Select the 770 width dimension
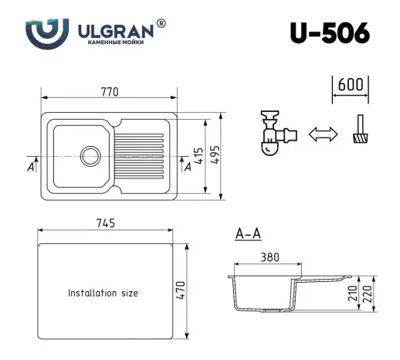(110, 92)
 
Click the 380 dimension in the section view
(269, 258)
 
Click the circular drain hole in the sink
(90, 154)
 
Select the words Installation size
(103, 294)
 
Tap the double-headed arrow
(323, 134)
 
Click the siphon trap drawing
(275, 134)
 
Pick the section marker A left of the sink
(30, 166)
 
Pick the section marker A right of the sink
(186, 166)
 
